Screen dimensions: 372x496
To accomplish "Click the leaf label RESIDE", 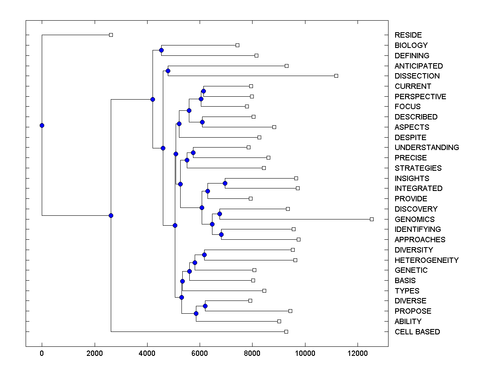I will [x=408, y=35].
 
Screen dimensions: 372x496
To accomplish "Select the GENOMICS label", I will [x=414, y=219].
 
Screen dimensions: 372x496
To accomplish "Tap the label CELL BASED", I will [x=417, y=331].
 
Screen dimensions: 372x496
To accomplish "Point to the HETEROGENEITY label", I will [x=427, y=260].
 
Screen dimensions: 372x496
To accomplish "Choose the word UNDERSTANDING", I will [x=427, y=147].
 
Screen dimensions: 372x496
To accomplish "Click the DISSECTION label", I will [x=417, y=76].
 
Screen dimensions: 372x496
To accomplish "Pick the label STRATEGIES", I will [x=418, y=168].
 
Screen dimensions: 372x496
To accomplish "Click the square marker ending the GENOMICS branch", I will [x=372, y=219].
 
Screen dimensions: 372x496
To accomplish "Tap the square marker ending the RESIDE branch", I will [x=111, y=35].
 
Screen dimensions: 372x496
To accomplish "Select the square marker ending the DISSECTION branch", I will [x=336, y=76].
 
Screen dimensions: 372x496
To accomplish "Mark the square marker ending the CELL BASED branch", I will [x=286, y=331].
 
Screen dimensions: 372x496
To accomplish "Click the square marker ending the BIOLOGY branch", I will [x=237, y=45].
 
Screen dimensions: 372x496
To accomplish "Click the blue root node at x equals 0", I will [x=42, y=125].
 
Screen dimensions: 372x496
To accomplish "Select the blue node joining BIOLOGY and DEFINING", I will [x=161, y=50].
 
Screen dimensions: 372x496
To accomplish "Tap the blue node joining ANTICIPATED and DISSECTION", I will [x=168, y=71].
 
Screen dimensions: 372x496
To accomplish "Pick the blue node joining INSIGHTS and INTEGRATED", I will [x=225, y=183].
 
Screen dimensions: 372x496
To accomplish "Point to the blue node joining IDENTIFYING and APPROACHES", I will [x=221, y=234].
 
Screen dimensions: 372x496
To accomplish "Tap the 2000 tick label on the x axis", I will [x=95, y=353].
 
